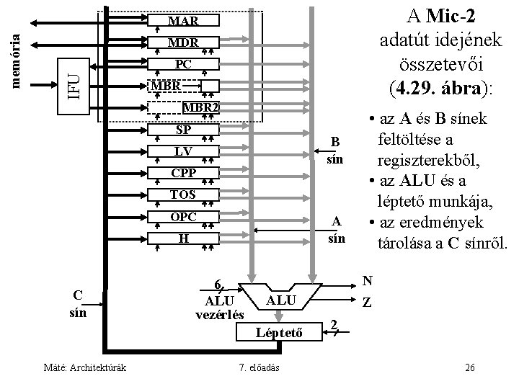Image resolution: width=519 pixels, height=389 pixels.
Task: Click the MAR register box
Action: (183, 21)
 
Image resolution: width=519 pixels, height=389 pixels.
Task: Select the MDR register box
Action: (183, 43)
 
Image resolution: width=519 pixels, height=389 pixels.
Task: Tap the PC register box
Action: (183, 64)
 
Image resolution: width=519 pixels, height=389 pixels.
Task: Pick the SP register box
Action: (183, 130)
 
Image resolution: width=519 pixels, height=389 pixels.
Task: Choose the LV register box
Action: (183, 151)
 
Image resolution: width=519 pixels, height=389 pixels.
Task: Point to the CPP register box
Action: (183, 173)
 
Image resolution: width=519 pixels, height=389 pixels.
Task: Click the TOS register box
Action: (183, 194)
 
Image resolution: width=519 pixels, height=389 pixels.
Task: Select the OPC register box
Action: (183, 216)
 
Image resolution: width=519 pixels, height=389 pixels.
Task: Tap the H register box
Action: (183, 238)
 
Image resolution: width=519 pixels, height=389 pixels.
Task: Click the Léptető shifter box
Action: (278, 332)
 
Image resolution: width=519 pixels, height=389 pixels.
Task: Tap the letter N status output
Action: (367, 280)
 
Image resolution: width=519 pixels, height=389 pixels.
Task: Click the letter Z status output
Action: (367, 304)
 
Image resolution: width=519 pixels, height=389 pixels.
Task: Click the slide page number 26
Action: (469, 369)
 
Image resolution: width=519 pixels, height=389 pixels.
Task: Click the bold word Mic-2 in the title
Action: (453, 14)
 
